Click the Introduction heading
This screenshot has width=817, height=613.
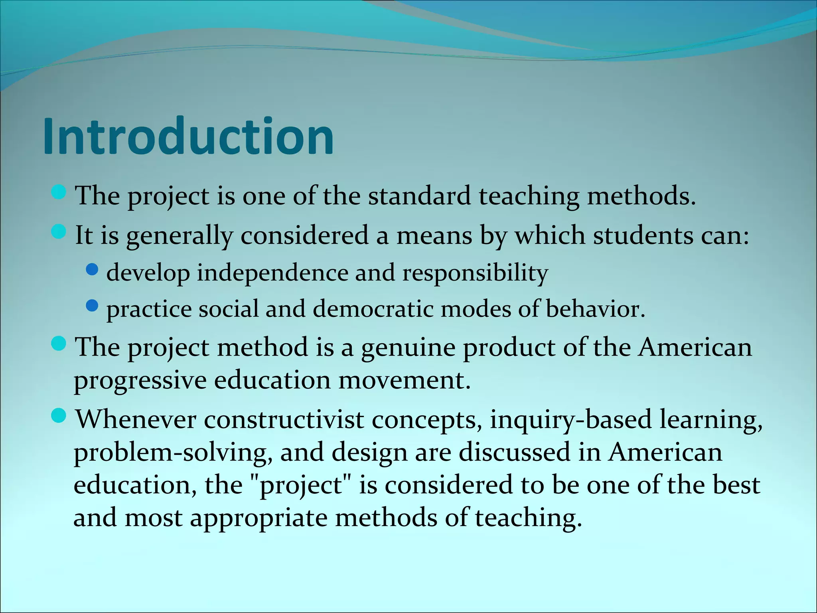[x=188, y=136]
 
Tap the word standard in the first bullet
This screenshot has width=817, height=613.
[x=419, y=196]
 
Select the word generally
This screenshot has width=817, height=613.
[x=180, y=236]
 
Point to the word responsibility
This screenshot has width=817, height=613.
[x=475, y=273]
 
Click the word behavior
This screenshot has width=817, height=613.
[x=594, y=309]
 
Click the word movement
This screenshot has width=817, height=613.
[x=405, y=380]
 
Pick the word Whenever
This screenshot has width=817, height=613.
[x=136, y=419]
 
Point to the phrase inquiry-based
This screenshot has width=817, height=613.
[x=570, y=420]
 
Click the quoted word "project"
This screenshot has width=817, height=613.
[x=300, y=486]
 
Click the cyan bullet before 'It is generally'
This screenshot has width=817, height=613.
[x=59, y=232]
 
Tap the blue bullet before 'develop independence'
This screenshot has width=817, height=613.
[x=92, y=270]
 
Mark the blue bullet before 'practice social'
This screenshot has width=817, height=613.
[x=92, y=306]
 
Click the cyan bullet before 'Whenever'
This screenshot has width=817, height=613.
[x=59, y=416]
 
